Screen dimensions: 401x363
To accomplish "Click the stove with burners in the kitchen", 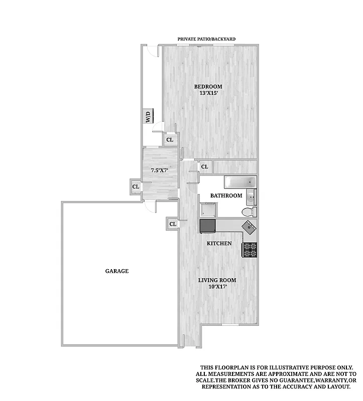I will (250, 249).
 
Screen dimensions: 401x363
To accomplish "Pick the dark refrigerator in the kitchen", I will (207, 226).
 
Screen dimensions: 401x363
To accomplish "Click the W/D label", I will (149, 116).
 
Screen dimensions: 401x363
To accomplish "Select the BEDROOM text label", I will (208, 87).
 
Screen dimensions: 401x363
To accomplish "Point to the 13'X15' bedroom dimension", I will (208, 94).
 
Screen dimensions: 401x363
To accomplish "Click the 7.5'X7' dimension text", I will (160, 170).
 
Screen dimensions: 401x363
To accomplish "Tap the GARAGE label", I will (117, 271).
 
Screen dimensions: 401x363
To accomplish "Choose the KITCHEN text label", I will (219, 244).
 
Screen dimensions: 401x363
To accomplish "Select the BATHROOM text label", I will (226, 195).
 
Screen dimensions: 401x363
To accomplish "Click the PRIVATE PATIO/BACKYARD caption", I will (207, 39).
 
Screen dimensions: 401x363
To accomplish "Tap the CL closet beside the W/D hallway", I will (170, 140).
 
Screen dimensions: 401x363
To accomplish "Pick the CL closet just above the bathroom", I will (204, 166).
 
